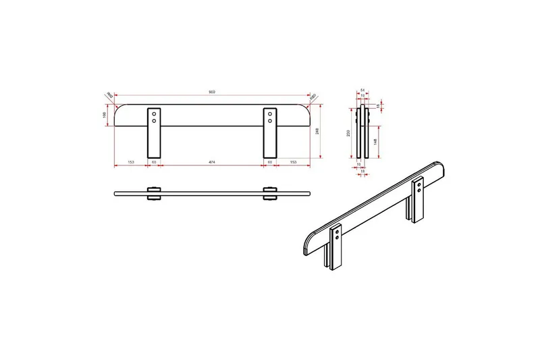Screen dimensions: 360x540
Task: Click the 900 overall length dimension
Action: (x=212, y=92)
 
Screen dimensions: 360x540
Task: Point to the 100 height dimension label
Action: (x=105, y=115)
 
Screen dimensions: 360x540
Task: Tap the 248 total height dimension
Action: (x=317, y=132)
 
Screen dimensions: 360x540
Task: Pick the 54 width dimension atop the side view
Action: (x=362, y=90)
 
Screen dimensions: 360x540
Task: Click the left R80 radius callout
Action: (x=108, y=95)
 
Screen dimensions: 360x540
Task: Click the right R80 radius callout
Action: (x=313, y=96)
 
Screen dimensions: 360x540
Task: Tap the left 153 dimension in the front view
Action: (x=130, y=163)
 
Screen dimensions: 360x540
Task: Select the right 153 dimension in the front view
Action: (x=294, y=163)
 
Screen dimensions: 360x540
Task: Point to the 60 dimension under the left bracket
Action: (x=155, y=163)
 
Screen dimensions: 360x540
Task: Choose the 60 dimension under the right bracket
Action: (x=270, y=163)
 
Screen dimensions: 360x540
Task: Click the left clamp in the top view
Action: (x=155, y=193)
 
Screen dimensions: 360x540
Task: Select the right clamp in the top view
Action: (x=270, y=193)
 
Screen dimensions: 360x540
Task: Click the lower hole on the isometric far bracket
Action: (x=422, y=190)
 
